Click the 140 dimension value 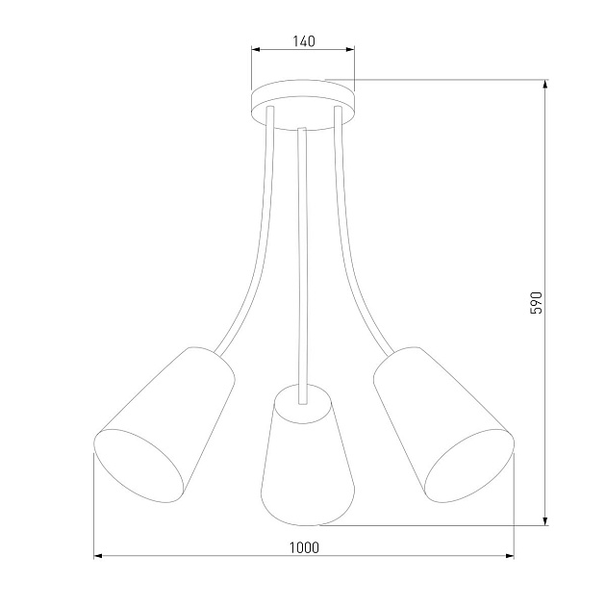tap(303, 41)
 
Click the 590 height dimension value tap(538, 302)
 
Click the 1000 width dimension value tap(303, 546)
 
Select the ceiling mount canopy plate tap(303, 99)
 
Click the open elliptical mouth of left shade tap(139, 466)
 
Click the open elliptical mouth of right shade tap(467, 466)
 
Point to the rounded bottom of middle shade tap(303, 515)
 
